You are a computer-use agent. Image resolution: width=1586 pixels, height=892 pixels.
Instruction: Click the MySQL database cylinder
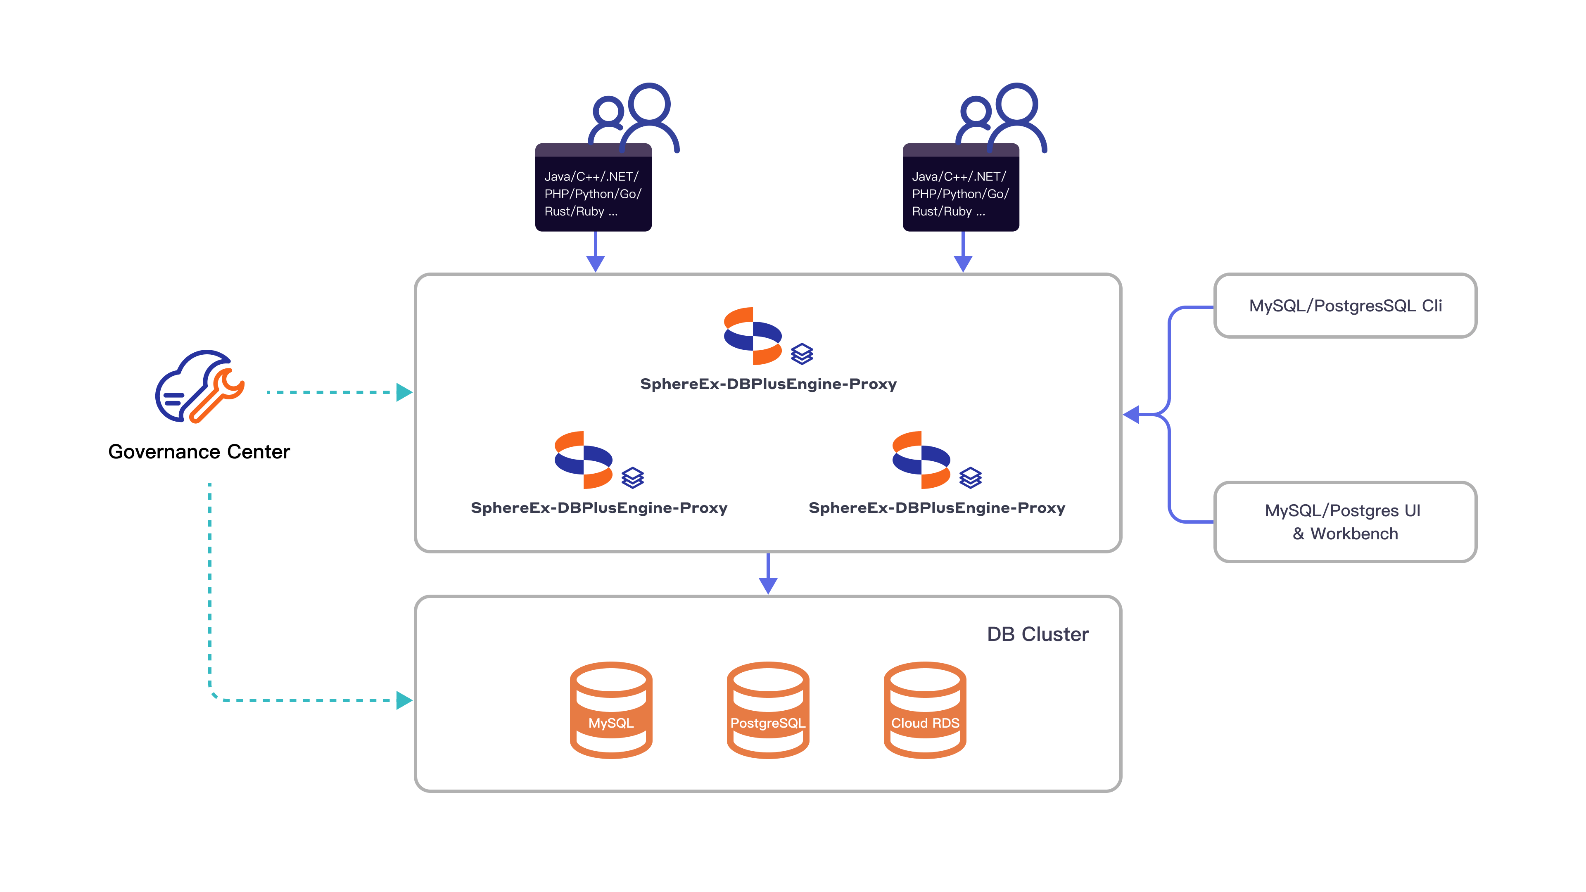tap(611, 710)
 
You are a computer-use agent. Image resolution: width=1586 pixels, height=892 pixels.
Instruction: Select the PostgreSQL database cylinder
tap(768, 710)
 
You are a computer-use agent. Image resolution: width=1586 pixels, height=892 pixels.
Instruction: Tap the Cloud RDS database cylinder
tap(925, 710)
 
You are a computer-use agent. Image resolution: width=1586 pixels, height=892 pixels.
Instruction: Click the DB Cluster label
tap(1038, 634)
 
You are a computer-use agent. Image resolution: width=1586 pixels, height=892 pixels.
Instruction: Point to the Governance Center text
tap(199, 452)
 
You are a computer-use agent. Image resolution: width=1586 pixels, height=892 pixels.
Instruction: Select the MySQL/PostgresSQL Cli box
tap(1345, 306)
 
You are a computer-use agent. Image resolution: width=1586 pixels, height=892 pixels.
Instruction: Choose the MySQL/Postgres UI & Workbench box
tap(1345, 522)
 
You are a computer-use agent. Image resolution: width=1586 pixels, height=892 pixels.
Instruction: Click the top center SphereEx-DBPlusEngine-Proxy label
tap(768, 384)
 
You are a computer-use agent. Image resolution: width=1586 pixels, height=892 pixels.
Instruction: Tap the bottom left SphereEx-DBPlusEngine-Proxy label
tap(599, 508)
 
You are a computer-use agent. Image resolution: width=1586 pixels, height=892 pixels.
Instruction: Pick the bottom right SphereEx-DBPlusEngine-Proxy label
tap(936, 508)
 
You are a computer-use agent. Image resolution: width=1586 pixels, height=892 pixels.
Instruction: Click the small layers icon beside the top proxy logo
tap(802, 354)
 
